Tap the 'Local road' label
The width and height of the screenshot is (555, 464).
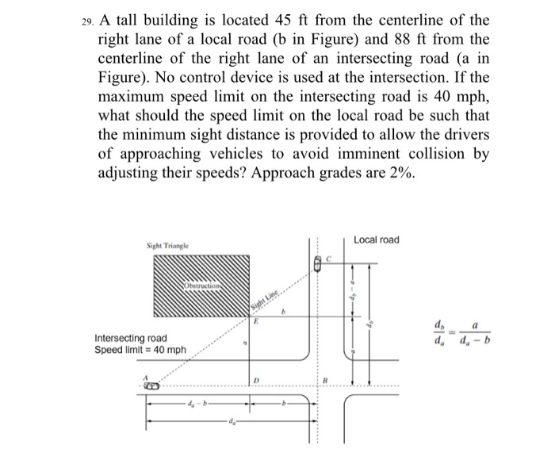click(377, 240)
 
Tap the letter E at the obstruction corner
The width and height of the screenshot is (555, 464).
click(255, 323)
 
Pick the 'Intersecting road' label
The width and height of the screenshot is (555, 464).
click(132, 338)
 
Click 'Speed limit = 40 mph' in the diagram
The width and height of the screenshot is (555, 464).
click(140, 350)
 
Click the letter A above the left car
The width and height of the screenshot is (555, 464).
click(144, 377)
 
